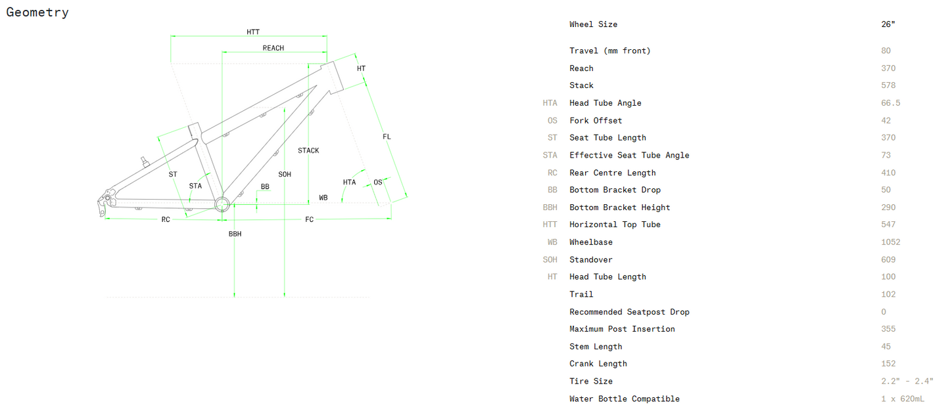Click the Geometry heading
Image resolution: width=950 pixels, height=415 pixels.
click(x=37, y=12)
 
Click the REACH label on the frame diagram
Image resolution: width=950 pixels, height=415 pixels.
click(x=273, y=48)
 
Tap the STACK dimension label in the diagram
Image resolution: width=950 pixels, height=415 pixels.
click(x=308, y=150)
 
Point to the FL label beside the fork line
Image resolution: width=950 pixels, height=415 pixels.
click(x=387, y=137)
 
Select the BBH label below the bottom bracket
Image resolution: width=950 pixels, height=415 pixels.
click(x=235, y=234)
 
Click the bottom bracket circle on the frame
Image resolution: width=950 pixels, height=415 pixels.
click(x=222, y=204)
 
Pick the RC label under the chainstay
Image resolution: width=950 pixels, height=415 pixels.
click(x=166, y=219)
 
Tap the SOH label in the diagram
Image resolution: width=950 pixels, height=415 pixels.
click(x=285, y=175)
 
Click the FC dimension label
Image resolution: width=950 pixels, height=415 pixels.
click(x=309, y=219)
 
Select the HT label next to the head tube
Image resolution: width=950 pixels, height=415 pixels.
click(x=361, y=68)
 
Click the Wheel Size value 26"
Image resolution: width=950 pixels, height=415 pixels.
click(x=888, y=24)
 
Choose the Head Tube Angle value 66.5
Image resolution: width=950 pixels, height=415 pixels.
click(x=891, y=103)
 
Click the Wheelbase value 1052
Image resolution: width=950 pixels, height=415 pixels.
click(x=891, y=242)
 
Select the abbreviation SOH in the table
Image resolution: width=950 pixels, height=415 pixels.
click(x=550, y=259)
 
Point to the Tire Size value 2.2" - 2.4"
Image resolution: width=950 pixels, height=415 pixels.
click(x=907, y=382)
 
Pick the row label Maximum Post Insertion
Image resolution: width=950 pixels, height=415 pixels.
click(x=622, y=329)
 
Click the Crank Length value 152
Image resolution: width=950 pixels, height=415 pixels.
click(x=888, y=364)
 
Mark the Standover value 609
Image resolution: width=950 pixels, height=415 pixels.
click(x=888, y=259)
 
